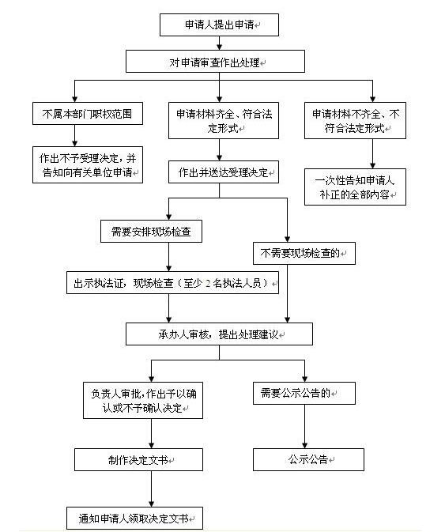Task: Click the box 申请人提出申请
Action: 219,25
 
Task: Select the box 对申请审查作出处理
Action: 215,62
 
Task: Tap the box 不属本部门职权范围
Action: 88,113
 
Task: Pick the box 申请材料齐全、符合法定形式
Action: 224,120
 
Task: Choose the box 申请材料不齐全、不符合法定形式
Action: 355,120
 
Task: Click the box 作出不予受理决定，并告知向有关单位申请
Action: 88,165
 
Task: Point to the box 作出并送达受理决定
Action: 224,172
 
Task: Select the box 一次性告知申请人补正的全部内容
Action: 355,187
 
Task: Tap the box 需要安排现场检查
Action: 151,231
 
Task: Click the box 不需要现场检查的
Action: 304,253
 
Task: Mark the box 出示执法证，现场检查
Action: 172,282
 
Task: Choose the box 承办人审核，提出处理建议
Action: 219,334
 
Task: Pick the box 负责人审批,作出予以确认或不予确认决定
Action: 143,400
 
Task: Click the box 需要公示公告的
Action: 304,393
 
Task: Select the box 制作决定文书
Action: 139,460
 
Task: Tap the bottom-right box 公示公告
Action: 308,460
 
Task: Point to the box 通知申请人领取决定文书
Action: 134,518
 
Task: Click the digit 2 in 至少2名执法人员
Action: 208,283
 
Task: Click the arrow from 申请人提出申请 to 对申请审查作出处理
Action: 220,43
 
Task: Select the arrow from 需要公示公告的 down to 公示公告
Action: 304,427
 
